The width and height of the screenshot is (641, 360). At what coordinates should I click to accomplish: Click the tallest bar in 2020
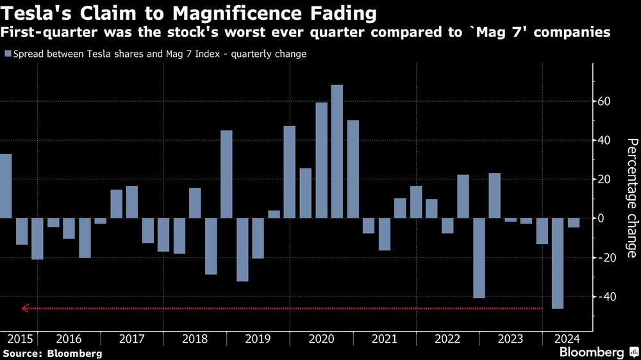click(x=337, y=151)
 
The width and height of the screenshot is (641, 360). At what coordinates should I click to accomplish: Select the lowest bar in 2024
click(x=558, y=263)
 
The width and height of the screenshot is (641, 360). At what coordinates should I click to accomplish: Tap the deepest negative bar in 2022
click(x=479, y=258)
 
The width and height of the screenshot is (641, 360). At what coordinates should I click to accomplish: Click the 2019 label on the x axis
click(x=258, y=339)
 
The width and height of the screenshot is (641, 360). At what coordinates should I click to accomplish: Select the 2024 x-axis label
click(x=568, y=339)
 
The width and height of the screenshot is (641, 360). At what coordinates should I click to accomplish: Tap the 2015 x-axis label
click(x=18, y=339)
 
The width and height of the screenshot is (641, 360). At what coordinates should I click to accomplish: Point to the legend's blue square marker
click(x=8, y=54)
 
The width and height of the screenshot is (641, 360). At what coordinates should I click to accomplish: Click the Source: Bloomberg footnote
click(x=52, y=353)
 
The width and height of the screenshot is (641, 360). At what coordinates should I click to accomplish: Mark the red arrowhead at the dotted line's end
click(x=25, y=308)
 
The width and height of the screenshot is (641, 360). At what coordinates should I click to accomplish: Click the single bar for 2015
click(x=6, y=186)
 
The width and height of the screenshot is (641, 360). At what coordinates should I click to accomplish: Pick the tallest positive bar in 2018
click(x=227, y=174)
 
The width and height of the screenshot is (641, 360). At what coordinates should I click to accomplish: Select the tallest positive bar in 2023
click(x=494, y=195)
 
